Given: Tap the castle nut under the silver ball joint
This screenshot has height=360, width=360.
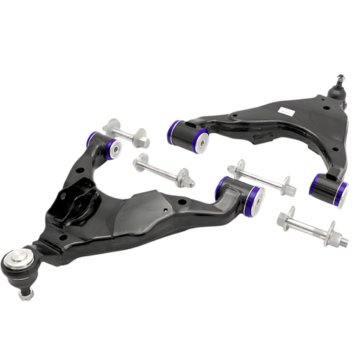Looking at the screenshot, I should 27,293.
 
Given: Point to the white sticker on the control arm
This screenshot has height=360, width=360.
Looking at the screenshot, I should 284,110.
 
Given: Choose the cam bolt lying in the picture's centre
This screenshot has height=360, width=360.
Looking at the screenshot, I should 164,173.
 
